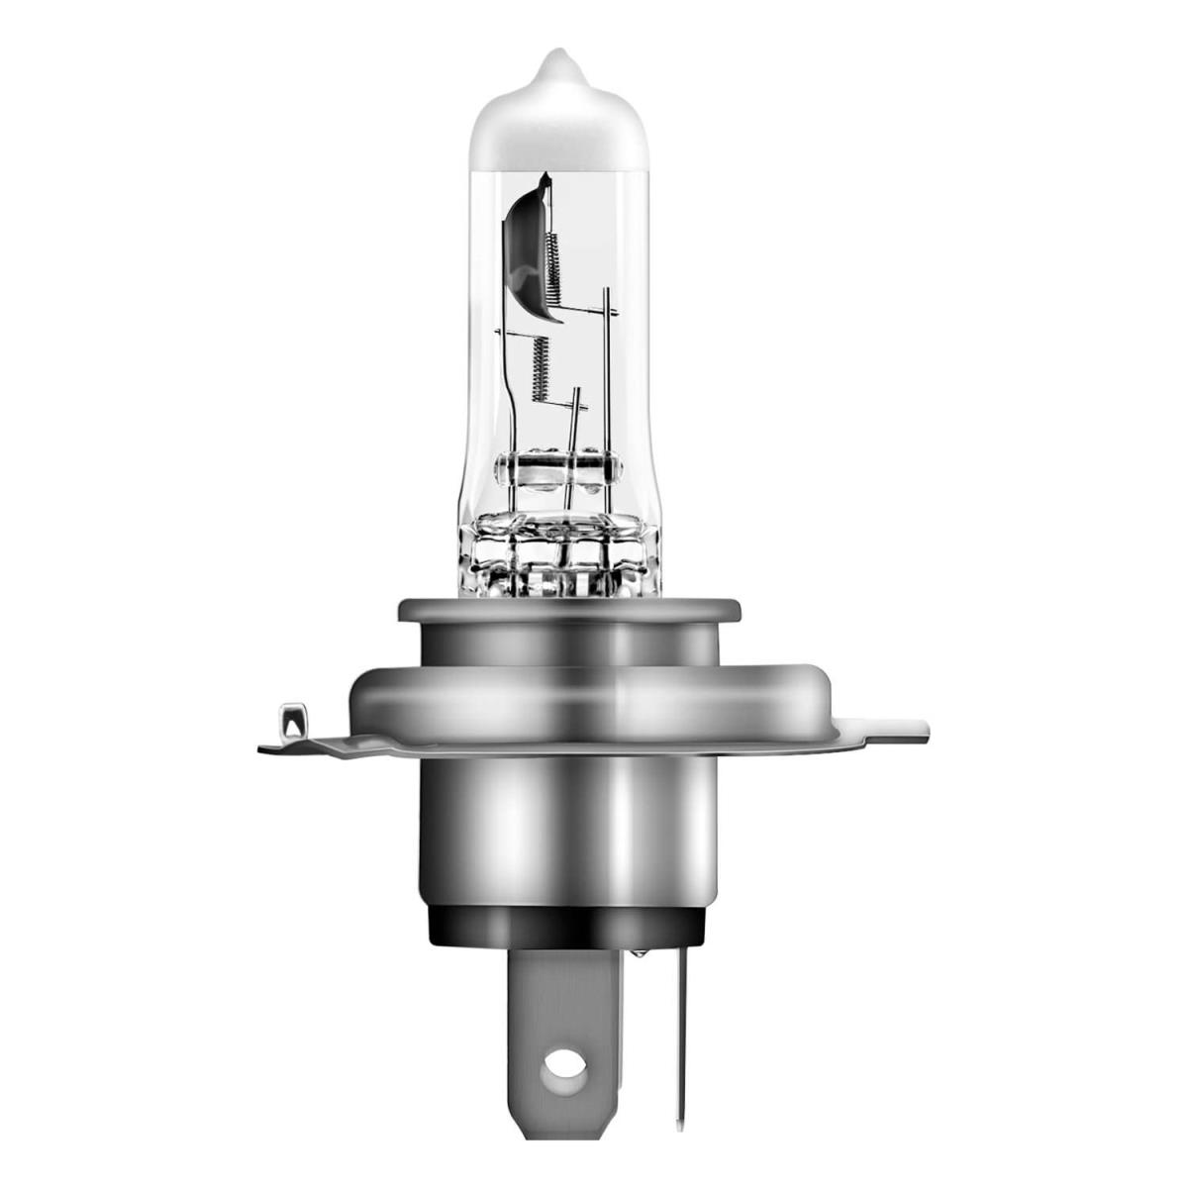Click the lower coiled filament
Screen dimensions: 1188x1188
[540, 366]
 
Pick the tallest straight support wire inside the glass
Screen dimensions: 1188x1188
[606, 376]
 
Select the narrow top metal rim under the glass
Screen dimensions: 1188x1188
[568, 609]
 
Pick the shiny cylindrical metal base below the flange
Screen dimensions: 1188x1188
[568, 832]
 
